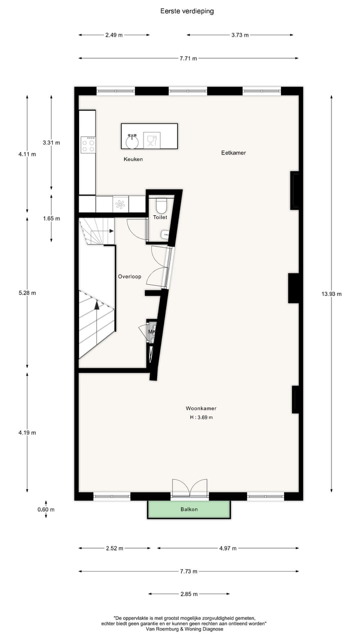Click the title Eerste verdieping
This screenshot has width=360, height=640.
point(187,11)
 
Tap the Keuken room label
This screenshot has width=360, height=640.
point(133,159)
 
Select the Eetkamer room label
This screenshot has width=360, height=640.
point(233,152)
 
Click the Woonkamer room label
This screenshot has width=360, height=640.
point(200,408)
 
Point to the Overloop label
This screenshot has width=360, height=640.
point(129,276)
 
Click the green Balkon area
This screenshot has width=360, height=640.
point(189,509)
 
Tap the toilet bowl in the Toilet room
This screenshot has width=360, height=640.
point(161,206)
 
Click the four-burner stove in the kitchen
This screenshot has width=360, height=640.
point(88,145)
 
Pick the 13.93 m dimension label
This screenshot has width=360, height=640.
point(331,294)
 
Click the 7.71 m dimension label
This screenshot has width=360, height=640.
point(188,58)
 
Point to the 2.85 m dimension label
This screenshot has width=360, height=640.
point(189,594)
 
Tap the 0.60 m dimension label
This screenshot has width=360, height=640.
point(46,509)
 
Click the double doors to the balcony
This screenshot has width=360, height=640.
point(189,488)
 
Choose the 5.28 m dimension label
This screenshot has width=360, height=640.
point(27,293)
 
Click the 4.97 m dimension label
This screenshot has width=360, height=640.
point(227,548)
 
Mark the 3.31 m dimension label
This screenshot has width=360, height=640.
point(51,142)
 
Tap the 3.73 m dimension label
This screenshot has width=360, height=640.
point(240,35)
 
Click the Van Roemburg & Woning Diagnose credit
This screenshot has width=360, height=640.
point(189,629)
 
